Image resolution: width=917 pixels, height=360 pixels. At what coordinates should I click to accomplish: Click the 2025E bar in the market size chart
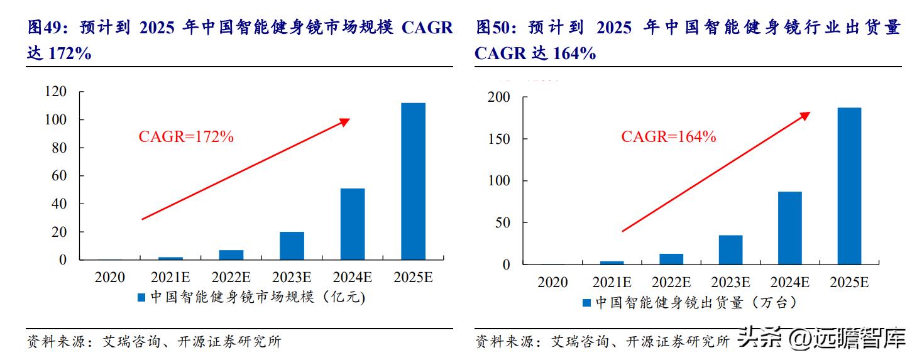(413, 181)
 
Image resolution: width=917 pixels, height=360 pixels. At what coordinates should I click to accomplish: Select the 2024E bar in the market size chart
(352, 224)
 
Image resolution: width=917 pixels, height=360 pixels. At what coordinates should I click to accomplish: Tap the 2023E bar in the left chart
(292, 246)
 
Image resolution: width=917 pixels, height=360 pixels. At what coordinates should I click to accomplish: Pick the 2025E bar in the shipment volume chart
(849, 186)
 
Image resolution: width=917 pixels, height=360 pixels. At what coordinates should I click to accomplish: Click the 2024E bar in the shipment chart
(790, 227)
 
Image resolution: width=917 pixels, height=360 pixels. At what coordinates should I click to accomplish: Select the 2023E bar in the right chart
(730, 249)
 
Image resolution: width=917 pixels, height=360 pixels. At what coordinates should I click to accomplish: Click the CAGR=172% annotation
(185, 137)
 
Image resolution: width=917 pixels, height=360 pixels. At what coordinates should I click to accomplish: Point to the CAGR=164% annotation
(668, 137)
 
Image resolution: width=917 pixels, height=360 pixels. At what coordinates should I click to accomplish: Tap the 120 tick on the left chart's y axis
(56, 92)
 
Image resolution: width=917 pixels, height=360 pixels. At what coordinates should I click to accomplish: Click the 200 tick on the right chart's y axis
(499, 97)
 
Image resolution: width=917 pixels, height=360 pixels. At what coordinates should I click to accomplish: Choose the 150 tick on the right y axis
(499, 139)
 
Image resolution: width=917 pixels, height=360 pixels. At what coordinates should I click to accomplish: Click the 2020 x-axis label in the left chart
(110, 277)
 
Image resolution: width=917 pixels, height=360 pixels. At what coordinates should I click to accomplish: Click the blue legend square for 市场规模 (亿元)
(143, 298)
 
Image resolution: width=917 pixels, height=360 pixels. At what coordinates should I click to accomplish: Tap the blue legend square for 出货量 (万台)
(586, 303)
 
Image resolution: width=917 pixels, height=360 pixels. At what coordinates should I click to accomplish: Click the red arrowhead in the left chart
(344, 121)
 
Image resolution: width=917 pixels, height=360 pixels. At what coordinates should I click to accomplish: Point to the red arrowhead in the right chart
(805, 116)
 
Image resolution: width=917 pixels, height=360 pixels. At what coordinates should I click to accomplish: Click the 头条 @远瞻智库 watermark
(822, 339)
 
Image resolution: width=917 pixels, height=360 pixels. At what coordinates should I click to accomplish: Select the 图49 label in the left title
(43, 28)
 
